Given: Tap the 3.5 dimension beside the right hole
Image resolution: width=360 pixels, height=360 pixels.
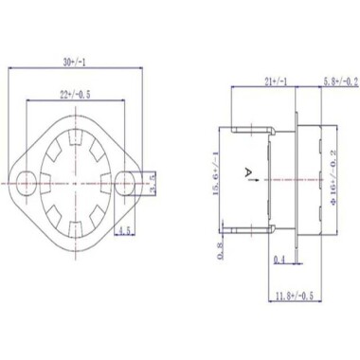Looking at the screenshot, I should [x=153, y=176].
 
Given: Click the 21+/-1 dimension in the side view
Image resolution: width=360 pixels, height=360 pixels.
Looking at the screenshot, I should [x=256, y=82].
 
